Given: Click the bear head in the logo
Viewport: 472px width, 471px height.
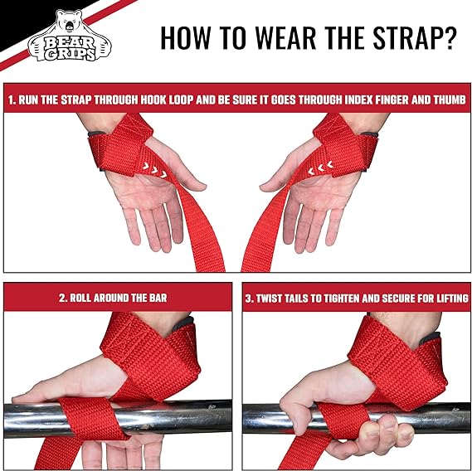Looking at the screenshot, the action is pos(69,22).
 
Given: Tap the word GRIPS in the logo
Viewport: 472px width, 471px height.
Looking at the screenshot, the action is pos(71,54).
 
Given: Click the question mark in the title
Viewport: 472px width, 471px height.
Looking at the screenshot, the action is pos(449,37).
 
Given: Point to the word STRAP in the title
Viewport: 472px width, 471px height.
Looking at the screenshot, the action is pos(406,37).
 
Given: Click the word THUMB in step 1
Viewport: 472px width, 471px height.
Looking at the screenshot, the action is pos(450,100).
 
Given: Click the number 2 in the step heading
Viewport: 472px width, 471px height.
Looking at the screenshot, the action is pos(62,298).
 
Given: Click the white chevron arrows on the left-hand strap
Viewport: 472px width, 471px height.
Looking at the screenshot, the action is pos(155,169).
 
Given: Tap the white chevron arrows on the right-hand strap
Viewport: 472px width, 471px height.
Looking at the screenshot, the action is pos(321,168).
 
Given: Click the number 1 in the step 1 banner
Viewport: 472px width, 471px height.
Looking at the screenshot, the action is pos(11,100).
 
